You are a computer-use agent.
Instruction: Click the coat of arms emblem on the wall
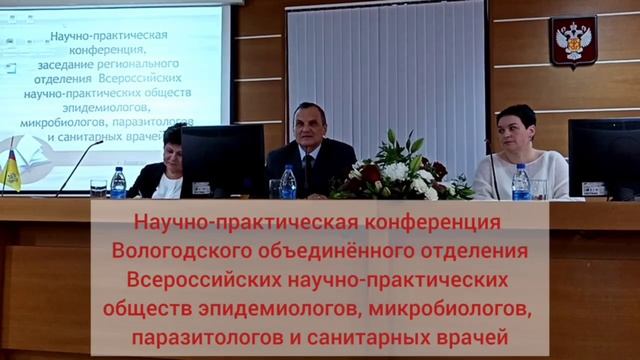click(x=573, y=41)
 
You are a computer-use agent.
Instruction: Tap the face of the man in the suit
click(x=307, y=125)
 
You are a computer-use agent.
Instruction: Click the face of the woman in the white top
click(x=516, y=129)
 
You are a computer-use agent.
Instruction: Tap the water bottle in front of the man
click(x=288, y=182)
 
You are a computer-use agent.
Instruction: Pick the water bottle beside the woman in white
click(x=521, y=182)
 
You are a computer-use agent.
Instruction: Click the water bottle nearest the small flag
click(x=118, y=183)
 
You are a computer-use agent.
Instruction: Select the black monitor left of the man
click(x=222, y=160)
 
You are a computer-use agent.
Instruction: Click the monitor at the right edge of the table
click(x=603, y=157)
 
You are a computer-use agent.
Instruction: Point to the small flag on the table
click(x=12, y=169)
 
